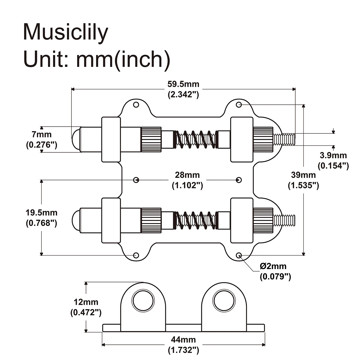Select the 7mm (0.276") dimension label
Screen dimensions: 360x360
tap(41, 139)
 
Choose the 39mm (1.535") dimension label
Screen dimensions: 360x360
tap(303, 180)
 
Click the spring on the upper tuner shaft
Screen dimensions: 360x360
tap(195, 139)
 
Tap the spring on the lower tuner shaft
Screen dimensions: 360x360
tap(195, 220)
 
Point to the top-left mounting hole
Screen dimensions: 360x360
tap(136, 105)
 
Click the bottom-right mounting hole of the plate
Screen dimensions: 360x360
tap(239, 255)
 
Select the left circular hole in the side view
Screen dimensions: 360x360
tap(143, 301)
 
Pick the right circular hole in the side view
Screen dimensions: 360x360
tap(224, 301)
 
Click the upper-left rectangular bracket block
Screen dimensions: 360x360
tap(111, 139)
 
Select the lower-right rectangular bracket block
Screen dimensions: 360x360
tap(241, 220)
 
